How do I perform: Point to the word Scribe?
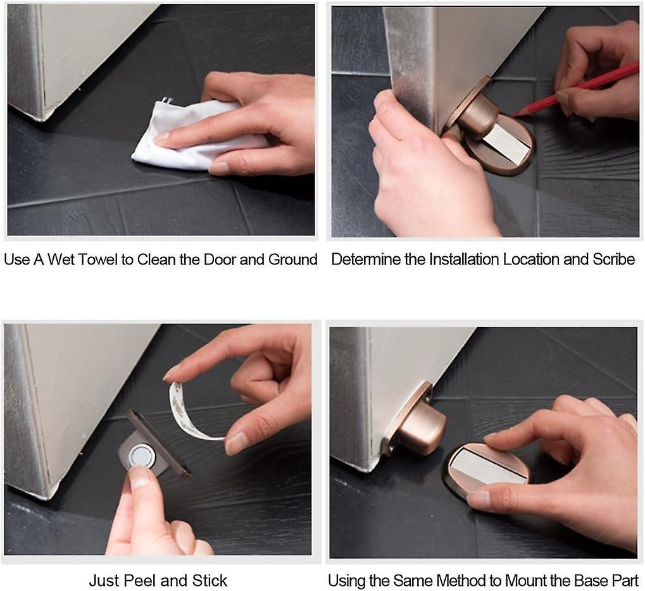[611, 259]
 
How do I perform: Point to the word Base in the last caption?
[589, 580]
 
